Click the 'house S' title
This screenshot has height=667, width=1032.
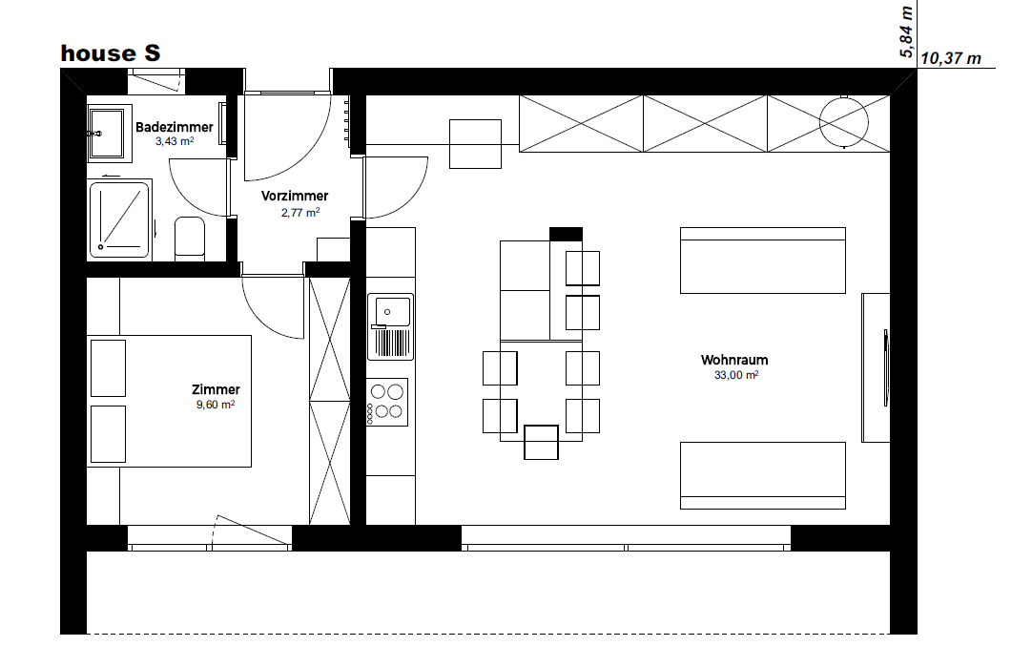pyautogui.click(x=111, y=52)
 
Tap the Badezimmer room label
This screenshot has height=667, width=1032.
pyautogui.click(x=175, y=127)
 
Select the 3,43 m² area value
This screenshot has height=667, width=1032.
pyautogui.click(x=175, y=141)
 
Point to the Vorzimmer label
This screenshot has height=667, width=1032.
pyautogui.click(x=295, y=196)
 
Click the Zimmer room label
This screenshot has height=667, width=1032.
pyautogui.click(x=216, y=389)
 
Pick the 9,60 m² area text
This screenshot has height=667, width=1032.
pyautogui.click(x=216, y=405)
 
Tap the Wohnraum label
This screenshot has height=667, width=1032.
pyautogui.click(x=734, y=360)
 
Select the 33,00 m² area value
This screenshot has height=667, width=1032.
pyautogui.click(x=735, y=375)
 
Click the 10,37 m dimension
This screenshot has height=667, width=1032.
pyautogui.click(x=950, y=58)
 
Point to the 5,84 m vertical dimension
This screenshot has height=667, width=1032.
pyautogui.click(x=906, y=31)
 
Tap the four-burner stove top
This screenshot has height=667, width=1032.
pyautogui.click(x=387, y=402)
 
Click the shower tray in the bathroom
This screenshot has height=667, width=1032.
pyautogui.click(x=120, y=219)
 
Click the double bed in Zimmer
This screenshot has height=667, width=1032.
pyautogui.click(x=169, y=401)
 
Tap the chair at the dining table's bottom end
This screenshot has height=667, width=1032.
pyautogui.click(x=541, y=442)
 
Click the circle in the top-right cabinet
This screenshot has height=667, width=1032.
pyautogui.click(x=844, y=122)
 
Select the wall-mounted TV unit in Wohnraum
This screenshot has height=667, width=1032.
pyautogui.click(x=876, y=367)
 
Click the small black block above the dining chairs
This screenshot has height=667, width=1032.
pyautogui.click(x=566, y=234)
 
